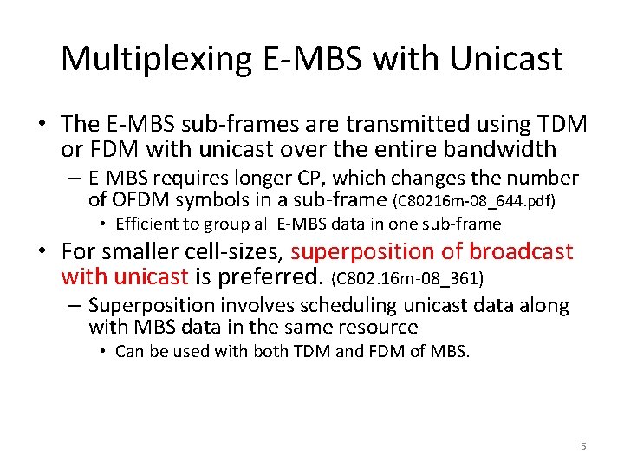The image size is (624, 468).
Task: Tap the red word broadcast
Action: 520,252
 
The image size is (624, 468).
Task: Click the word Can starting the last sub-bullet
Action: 129,351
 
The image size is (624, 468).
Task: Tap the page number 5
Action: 583,445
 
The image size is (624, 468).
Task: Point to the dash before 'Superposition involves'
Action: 75,306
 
